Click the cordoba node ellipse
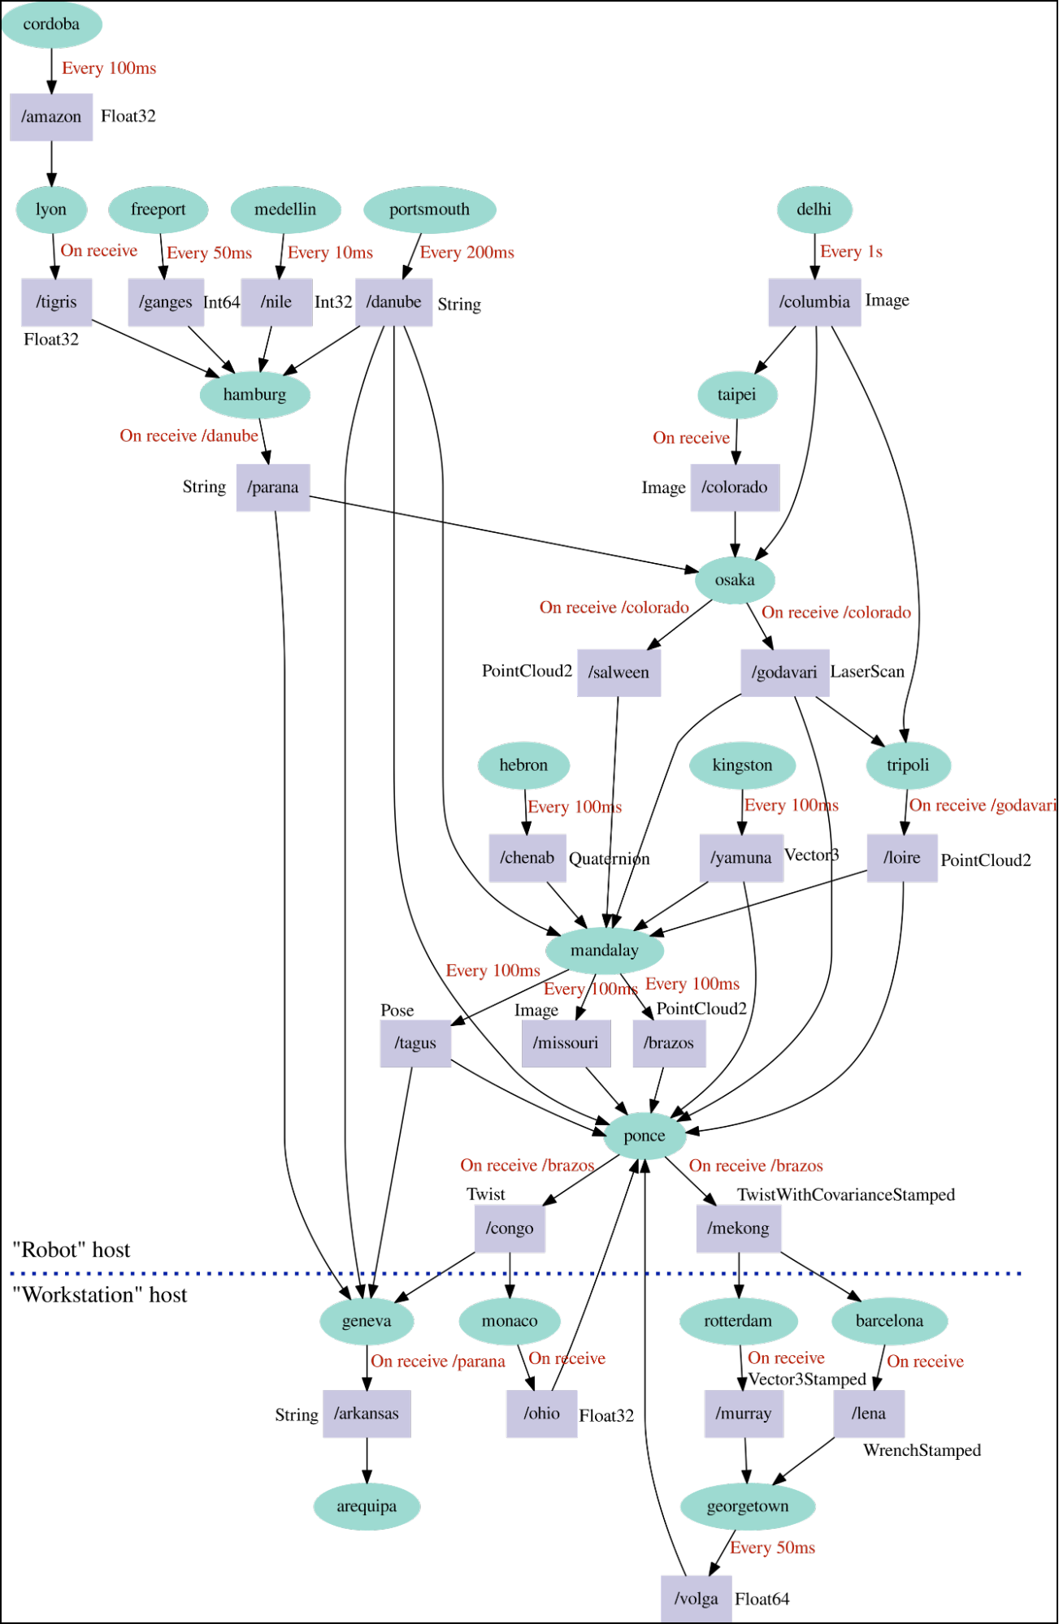[52, 24]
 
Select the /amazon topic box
[52, 117]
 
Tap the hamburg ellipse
[255, 395]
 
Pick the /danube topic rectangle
[394, 302]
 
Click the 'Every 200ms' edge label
[467, 253]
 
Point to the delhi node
[814, 210]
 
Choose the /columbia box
[814, 302]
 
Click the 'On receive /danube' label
[189, 436]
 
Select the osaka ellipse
[735, 580]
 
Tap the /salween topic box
[619, 673]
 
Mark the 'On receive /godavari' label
[983, 805]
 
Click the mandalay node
[605, 951]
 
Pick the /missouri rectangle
[566, 1043]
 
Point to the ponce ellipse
[645, 1136]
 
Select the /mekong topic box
[739, 1228]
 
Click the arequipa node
[367, 1506]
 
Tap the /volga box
[697, 1599]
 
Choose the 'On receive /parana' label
[438, 1362]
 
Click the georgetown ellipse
[748, 1506]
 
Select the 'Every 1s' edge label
[851, 252]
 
